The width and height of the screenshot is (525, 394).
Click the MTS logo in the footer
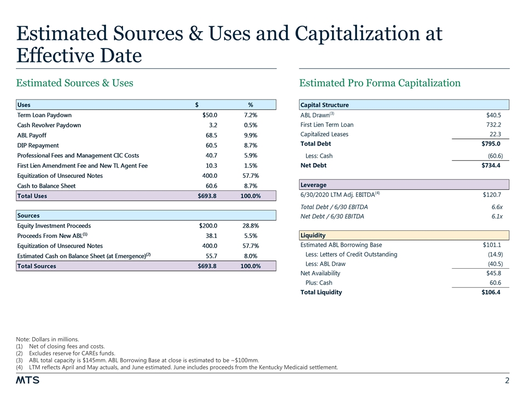[27, 380]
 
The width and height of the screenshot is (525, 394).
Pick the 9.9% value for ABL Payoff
[249, 136]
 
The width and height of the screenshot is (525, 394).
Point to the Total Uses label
[32, 196]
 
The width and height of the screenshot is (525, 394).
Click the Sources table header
[28, 216]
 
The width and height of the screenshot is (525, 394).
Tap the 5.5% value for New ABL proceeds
[249, 236]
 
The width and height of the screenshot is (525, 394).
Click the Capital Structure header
[324, 105]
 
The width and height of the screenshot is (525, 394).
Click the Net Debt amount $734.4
[491, 165]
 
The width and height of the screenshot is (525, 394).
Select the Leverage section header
[314, 185]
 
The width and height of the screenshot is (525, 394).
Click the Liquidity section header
[313, 235]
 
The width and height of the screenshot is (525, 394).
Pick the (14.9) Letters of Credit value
[492, 254]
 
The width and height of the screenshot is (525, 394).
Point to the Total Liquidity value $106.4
[488, 292]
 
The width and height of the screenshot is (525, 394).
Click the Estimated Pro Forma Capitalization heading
[380, 83]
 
